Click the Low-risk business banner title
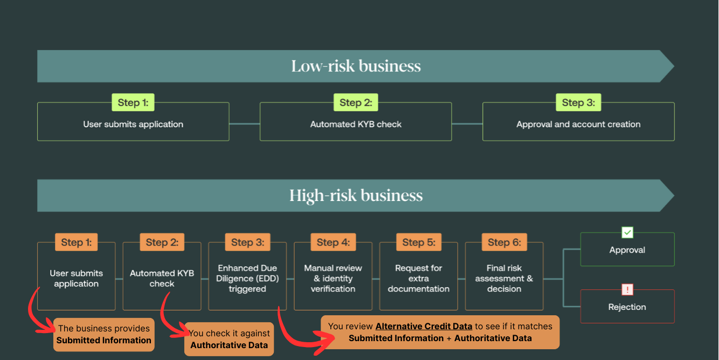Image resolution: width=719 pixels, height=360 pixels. coord(356,66)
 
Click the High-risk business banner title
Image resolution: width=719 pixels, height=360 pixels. coord(356,195)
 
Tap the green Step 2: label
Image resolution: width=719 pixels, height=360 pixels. coord(356,102)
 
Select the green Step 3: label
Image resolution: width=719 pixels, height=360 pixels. coord(578,102)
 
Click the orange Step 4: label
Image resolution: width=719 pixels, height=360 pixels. coord(333,243)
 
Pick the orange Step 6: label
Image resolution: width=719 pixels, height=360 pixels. coord(504,243)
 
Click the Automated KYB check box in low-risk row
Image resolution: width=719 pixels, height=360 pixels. coord(356,124)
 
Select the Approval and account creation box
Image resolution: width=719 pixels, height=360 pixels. coord(578,124)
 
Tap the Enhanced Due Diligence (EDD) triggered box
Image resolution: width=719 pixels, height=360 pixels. coord(247,279)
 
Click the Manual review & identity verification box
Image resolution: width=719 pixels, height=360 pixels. coord(333,279)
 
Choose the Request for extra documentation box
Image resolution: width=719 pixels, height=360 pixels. coord(418,279)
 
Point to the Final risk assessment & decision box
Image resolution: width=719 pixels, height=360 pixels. coord(504,279)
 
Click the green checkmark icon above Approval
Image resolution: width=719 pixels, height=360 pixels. coord(627,233)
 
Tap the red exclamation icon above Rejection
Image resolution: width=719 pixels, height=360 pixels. coord(627,290)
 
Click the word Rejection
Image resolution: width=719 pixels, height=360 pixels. coord(627,307)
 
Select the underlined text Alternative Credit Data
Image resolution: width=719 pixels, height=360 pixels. coord(424,327)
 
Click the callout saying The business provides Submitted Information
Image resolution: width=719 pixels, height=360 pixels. coord(104,335)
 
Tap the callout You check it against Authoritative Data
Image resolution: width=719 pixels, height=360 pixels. coord(229,340)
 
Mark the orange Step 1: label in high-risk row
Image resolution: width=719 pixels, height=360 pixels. coord(76,243)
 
